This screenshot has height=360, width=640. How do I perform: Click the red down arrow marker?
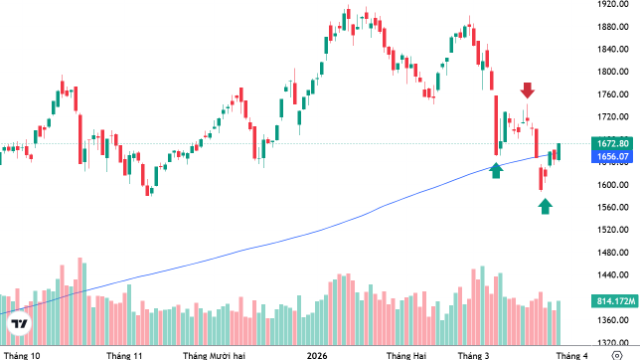click(x=527, y=92)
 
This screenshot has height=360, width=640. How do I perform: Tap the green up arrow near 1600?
click(x=545, y=206)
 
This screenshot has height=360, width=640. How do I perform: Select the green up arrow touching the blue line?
click(x=496, y=170)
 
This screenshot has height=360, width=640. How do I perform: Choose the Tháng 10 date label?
click(x=22, y=355)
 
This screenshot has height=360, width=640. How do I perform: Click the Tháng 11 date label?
click(x=124, y=355)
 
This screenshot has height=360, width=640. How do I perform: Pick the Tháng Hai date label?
click(x=406, y=355)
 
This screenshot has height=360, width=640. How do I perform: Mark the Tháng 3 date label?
click(x=473, y=355)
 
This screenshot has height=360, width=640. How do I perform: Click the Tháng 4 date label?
click(x=572, y=355)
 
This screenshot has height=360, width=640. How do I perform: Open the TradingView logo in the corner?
click(x=19, y=326)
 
